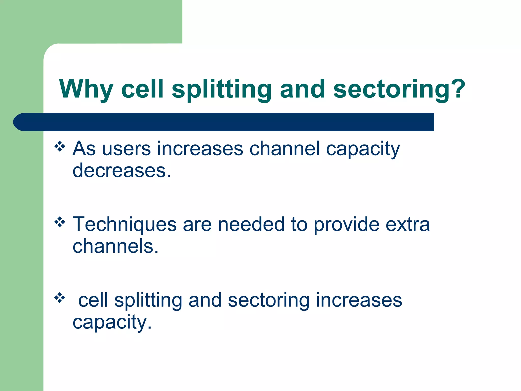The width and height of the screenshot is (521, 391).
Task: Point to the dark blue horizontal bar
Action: [224, 122]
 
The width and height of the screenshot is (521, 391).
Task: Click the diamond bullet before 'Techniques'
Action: [60, 222]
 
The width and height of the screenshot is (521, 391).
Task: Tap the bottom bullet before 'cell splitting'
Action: [60, 298]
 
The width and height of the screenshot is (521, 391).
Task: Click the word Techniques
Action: [124, 225]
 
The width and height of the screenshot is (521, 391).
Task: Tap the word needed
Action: [251, 225]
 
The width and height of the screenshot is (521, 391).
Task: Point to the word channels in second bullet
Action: [115, 246]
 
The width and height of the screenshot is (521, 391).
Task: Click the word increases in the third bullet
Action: [359, 300]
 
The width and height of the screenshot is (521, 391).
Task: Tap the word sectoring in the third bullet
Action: [268, 300]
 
